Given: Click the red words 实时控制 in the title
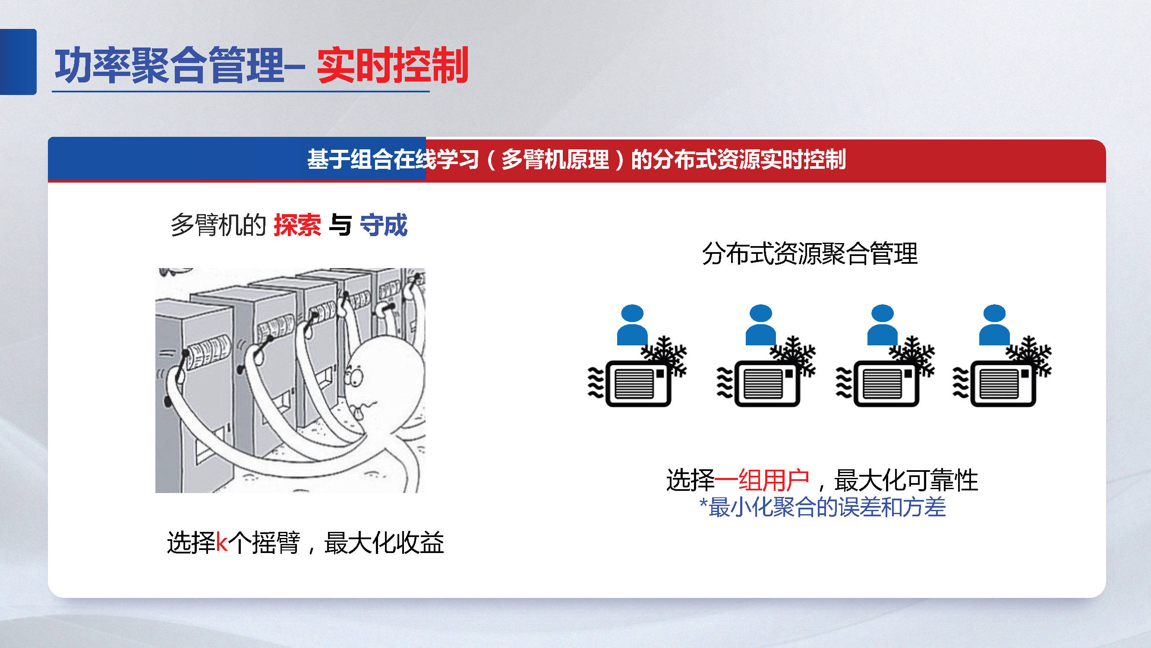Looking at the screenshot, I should (x=392, y=65).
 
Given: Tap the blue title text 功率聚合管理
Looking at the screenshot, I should (x=170, y=65).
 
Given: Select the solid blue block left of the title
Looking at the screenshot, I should (x=18, y=62).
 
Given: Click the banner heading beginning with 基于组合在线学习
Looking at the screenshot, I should (x=577, y=160).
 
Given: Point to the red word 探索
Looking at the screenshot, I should (x=297, y=225).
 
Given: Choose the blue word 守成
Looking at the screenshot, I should (x=383, y=225).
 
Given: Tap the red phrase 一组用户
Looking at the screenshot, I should (x=762, y=480).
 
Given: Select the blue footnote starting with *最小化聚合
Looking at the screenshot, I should (x=822, y=507).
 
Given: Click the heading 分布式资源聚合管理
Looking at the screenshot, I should (x=810, y=253).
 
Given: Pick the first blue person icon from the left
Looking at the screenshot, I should (x=632, y=325).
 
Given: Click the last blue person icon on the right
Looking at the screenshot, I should (x=994, y=325).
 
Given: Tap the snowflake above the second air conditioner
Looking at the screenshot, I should (x=793, y=355).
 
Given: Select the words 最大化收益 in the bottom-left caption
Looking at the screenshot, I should (x=384, y=543).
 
